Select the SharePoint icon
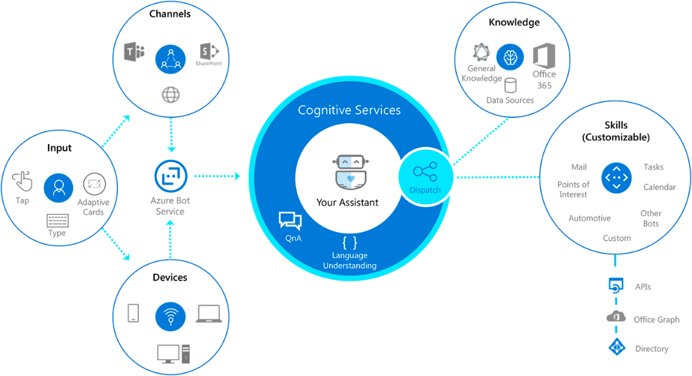coord(208,51)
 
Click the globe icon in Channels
coord(171,95)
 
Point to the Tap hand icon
coord(23,181)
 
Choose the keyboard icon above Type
coord(57,221)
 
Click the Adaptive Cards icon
coord(93,184)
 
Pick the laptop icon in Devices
coord(209,313)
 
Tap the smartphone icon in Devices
coord(133,313)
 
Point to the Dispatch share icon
coord(424,173)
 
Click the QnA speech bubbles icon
coord(290,221)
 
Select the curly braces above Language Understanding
coord(350,242)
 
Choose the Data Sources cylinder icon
coord(510,86)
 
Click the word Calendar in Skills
coord(659,187)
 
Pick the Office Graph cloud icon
coord(616,317)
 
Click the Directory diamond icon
coord(616,348)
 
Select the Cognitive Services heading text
coord(349,110)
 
